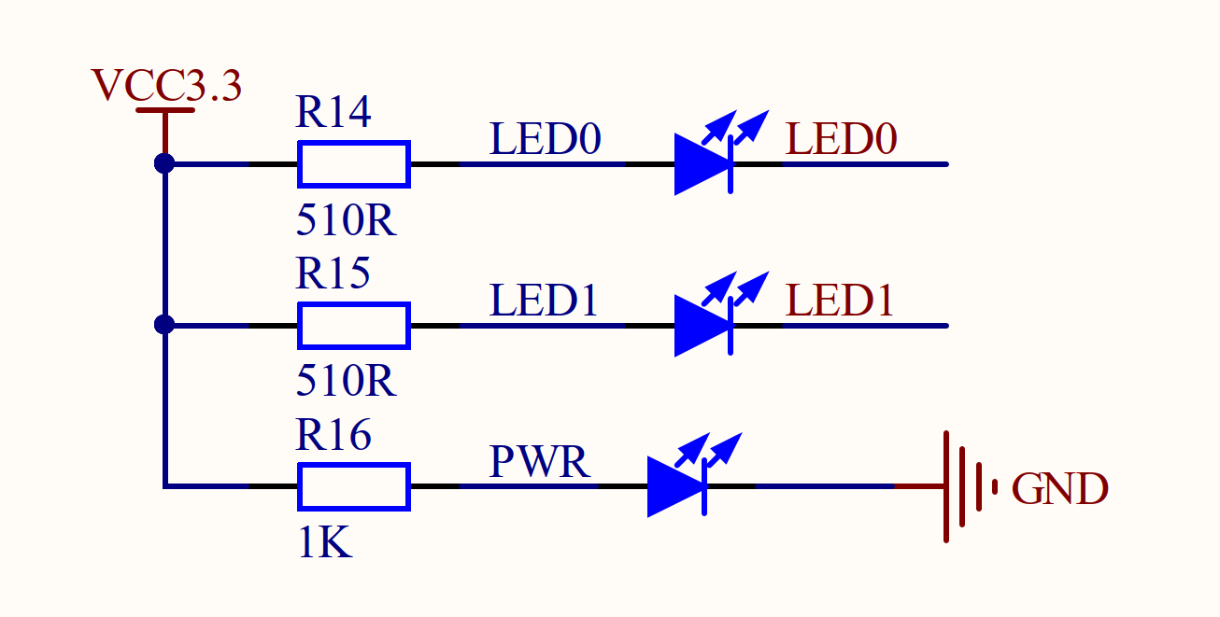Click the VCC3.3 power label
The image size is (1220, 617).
pos(166,86)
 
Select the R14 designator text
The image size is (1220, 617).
pos(333,112)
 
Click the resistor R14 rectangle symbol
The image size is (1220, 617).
pos(353,164)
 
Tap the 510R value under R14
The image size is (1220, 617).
pos(346,222)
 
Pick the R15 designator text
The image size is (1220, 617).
pos(333,273)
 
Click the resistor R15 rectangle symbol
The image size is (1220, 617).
pos(353,326)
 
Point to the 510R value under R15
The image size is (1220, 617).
pos(346,382)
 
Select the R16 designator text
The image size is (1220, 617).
pos(333,435)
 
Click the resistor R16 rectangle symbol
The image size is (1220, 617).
pos(353,486)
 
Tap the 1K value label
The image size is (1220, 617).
pos(324,543)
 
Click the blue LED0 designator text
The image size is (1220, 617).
pos(545,140)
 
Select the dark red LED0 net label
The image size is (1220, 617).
pos(841,140)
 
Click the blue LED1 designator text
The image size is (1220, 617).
pos(543,301)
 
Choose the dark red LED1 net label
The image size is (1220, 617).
pos(840,301)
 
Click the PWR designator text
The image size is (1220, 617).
pos(540,462)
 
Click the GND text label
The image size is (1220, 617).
pos(1059,489)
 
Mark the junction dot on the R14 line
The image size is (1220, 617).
pos(164,163)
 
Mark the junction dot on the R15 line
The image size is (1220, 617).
pos(164,325)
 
